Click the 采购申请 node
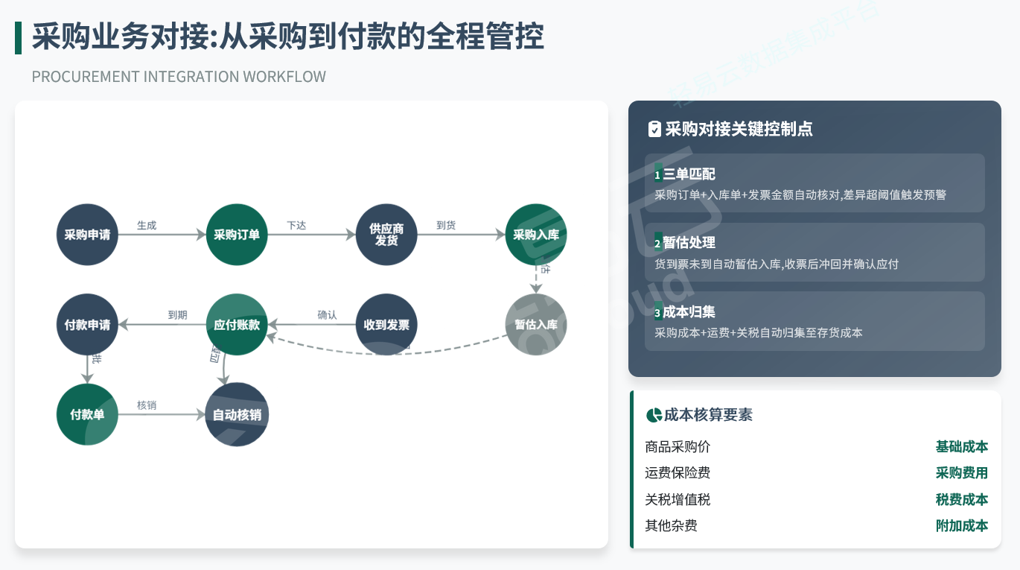coord(87,235)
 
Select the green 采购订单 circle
coord(237,235)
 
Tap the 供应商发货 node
coord(386,235)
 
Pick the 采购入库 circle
coord(536,235)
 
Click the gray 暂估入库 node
coord(536,325)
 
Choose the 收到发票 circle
coord(386,325)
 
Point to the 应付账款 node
coord(237,325)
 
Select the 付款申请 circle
coord(87,325)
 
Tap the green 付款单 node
coord(87,415)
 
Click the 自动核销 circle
coord(237,415)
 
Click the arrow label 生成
coord(147,225)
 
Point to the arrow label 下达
coord(296,225)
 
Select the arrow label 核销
coord(147,405)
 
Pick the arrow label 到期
coord(177,315)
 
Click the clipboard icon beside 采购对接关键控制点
coord(654,130)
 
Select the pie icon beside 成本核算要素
coord(654,415)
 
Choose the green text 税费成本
coord(961,499)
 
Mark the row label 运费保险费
coord(678,473)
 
